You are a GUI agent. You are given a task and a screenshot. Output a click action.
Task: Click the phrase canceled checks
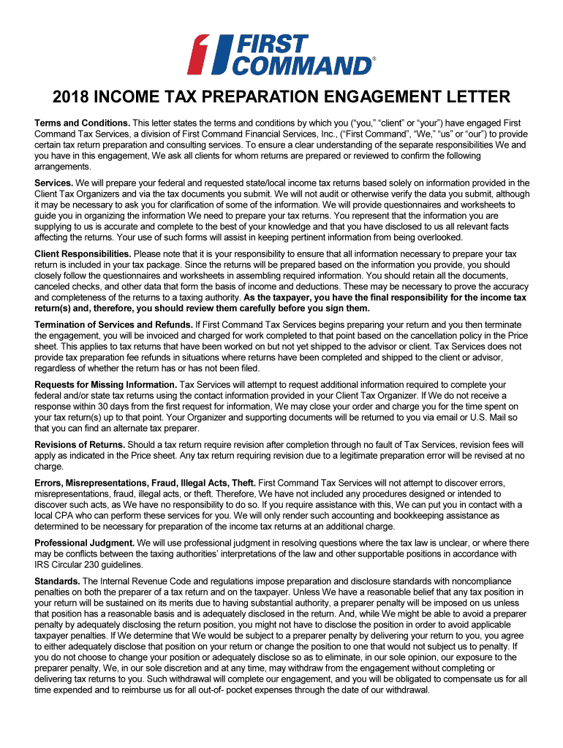(x=69, y=287)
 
